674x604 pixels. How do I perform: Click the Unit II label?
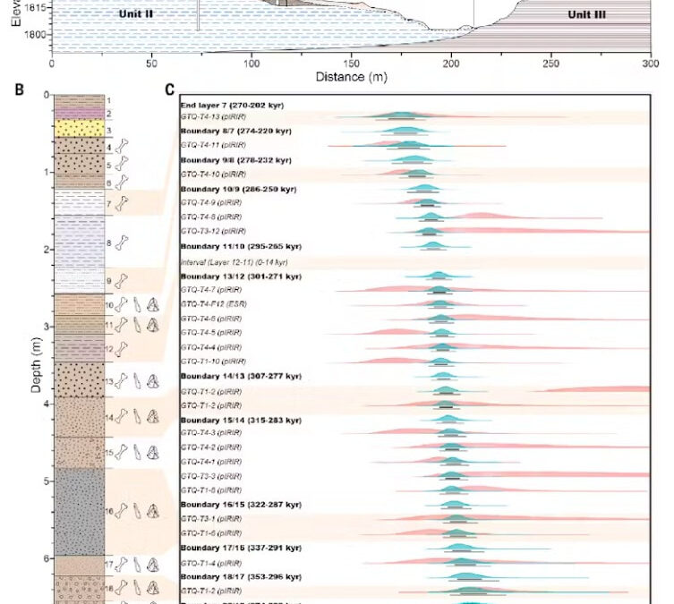[144, 15]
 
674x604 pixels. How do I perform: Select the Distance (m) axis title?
[351, 77]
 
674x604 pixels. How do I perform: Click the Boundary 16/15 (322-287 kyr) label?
[241, 505]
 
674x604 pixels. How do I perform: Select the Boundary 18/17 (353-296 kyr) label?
[241, 577]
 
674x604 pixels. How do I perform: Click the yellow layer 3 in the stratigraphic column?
[79, 130]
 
